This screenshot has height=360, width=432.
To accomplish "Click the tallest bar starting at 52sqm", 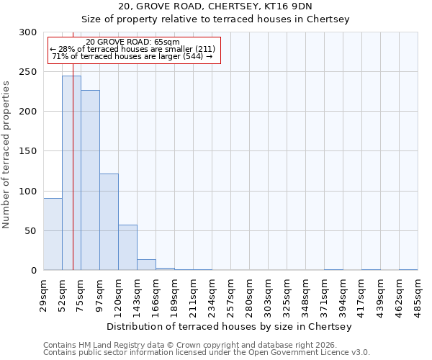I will tap(71, 173).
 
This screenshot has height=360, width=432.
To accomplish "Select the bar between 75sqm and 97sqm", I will tap(90, 180).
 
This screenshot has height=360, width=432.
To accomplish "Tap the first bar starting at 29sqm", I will tap(53, 234).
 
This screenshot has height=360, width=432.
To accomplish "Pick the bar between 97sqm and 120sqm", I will tap(109, 222).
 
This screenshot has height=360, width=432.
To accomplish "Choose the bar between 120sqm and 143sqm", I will tap(127, 247).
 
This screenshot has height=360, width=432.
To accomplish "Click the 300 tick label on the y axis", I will tap(28, 32).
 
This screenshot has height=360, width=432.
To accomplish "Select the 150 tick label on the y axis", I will tap(28, 151).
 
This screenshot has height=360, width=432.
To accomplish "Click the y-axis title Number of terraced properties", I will tap(6, 155).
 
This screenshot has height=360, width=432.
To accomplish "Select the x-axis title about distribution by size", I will tap(230, 326).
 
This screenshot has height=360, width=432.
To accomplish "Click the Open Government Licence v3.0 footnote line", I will tap(207, 352).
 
